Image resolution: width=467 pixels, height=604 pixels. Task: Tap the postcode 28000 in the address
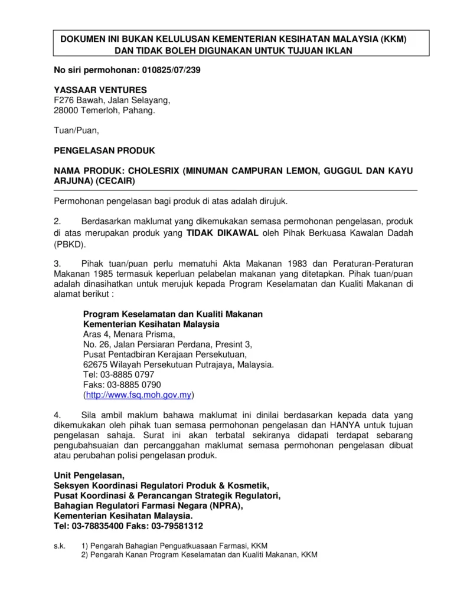coord(67,110)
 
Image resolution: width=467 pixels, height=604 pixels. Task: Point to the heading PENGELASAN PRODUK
coord(104,150)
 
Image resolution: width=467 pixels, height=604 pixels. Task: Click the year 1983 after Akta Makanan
coord(302,263)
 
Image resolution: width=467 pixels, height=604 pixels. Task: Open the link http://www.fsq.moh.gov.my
coord(139,395)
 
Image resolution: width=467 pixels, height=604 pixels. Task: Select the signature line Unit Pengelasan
coord(89,475)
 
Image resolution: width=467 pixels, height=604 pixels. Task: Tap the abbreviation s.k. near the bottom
coord(59,546)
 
